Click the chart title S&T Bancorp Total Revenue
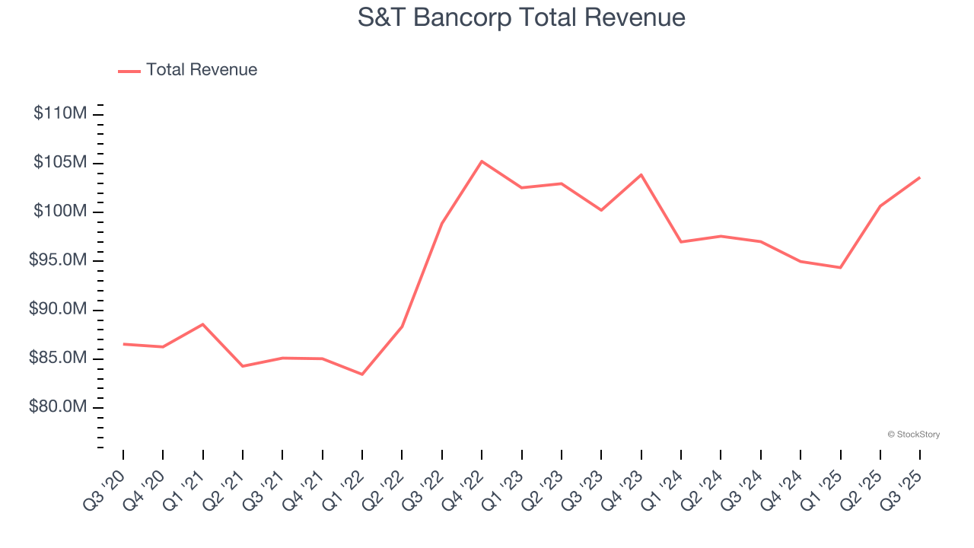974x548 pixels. pyautogui.click(x=521, y=18)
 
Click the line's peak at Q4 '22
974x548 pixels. pyautogui.click(x=482, y=161)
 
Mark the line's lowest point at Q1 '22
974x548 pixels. pyautogui.click(x=362, y=374)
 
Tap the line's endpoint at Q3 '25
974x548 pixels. pyautogui.click(x=920, y=177)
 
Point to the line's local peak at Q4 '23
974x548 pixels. pyautogui.click(x=641, y=175)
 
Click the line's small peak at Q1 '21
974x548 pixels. pyautogui.click(x=202, y=324)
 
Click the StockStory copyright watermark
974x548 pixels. pyautogui.click(x=913, y=435)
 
